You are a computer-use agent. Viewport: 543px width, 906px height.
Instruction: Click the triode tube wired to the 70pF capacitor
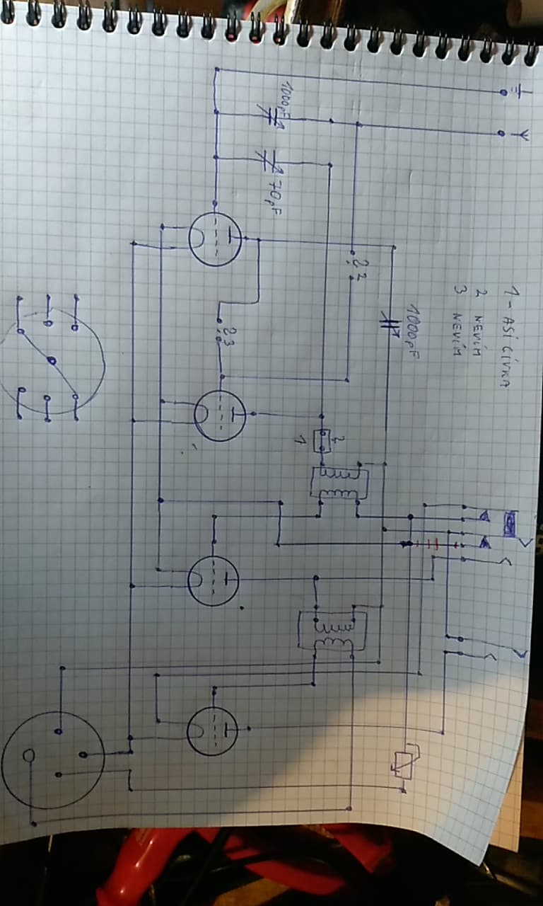tap(216, 239)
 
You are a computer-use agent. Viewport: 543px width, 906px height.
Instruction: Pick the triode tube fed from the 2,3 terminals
tap(220, 415)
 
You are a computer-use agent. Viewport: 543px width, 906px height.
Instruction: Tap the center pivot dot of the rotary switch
tap(50, 361)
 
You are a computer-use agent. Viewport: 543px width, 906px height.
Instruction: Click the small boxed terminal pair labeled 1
tap(322, 441)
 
